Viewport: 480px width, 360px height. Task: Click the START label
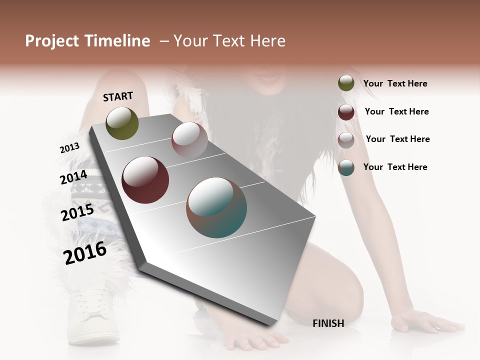118,96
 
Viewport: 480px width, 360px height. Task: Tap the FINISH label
328,323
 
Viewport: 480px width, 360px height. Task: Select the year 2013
69,148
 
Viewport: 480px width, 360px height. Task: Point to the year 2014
73,177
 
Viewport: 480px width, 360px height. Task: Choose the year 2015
77,212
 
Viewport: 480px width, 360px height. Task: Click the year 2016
85,253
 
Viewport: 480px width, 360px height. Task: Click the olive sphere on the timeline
122,123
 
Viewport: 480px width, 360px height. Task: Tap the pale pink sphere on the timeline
189,140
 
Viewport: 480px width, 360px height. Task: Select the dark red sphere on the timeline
145,180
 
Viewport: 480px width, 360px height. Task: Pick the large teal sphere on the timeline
216,207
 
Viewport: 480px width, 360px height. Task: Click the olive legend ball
346,83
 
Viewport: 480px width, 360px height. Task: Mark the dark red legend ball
346,112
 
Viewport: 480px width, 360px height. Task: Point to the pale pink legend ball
346,140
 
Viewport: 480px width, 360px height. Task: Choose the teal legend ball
346,167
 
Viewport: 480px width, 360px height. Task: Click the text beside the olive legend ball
395,83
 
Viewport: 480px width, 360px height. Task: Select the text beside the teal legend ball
395,167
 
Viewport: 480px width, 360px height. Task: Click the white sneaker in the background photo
95,315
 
